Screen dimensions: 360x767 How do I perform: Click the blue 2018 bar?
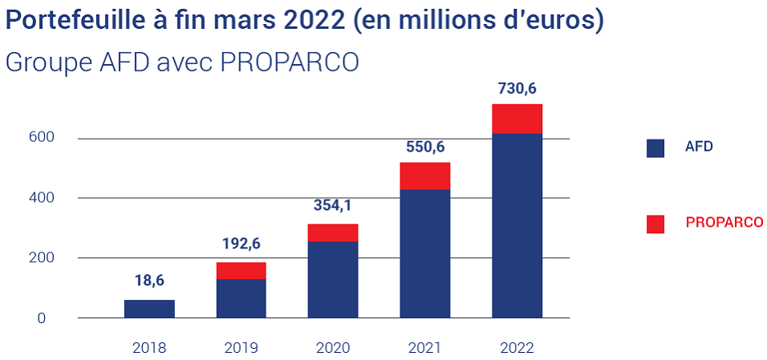coord(149,309)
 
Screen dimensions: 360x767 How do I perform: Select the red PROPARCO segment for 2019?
coord(241,270)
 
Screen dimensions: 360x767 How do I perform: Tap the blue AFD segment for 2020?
coord(333,279)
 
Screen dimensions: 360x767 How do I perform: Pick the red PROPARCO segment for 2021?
coord(424,176)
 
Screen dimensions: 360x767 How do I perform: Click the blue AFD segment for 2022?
coord(517,225)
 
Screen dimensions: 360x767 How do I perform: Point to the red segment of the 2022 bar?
coord(517,119)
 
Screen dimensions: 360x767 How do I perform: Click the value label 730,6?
coord(517,90)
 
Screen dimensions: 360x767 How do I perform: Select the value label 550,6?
coord(424,147)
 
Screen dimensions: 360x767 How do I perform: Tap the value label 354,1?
coord(333,206)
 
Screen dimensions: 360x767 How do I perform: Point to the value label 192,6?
coord(241,245)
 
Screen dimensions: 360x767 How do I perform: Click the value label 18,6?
coord(149,281)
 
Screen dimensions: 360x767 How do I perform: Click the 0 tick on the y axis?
coord(51,318)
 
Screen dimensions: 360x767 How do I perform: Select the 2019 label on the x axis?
coord(241,348)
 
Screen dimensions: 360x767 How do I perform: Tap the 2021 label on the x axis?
coord(424,348)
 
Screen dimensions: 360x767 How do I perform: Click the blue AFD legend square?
coord(655,148)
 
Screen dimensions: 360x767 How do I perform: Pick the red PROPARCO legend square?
coord(655,224)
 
